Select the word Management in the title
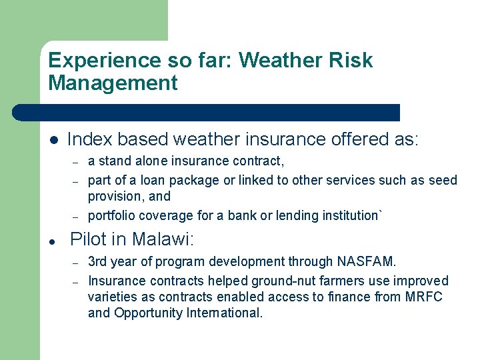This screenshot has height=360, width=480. (x=113, y=83)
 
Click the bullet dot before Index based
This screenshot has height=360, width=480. (x=53, y=140)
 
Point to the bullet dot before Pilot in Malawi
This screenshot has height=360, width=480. (x=53, y=239)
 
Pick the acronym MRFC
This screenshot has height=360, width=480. (x=423, y=297)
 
